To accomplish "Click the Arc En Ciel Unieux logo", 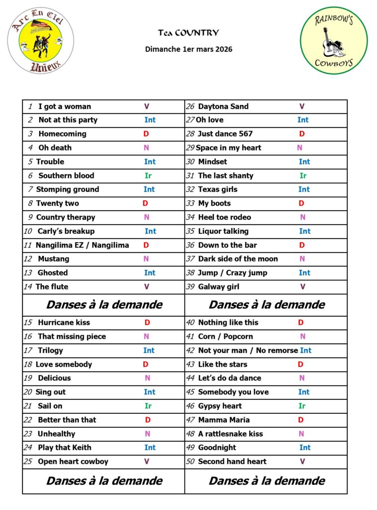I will pos(41,41).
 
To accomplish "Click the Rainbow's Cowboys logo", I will pos(334,41).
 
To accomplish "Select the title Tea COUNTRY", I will pos(188,33).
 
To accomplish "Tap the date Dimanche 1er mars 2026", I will pos(188,49).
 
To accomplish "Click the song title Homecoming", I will pos(62,134).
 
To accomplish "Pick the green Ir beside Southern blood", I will pos(148,176).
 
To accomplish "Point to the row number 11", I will pos(28,245).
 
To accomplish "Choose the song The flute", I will pos(52,287).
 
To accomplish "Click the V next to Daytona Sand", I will pos(302,107).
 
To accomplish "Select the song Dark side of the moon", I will pos(238,259).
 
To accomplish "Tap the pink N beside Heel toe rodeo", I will pos(303,217).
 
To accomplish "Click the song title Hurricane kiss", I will pos(64,323).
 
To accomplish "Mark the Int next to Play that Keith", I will pos(150,448).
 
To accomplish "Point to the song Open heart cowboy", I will pos(73,462).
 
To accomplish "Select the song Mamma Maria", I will pos(224,420).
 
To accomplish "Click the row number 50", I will pos(190,462).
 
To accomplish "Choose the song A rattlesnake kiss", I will pos(230,434).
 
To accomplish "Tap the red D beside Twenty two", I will pos(145,203).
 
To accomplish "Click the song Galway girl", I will pos(218,287).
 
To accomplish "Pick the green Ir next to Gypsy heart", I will pos(302,406).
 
